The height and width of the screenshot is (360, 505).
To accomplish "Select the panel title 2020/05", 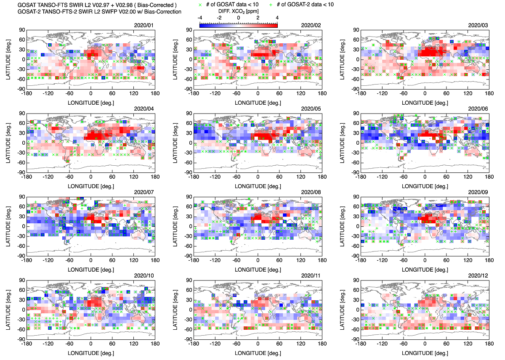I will [311, 108].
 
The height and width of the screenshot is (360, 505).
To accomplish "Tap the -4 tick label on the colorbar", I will [201, 18].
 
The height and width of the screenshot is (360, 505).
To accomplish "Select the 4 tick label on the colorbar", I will [277, 18].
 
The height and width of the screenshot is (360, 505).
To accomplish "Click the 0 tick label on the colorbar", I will [239, 18].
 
